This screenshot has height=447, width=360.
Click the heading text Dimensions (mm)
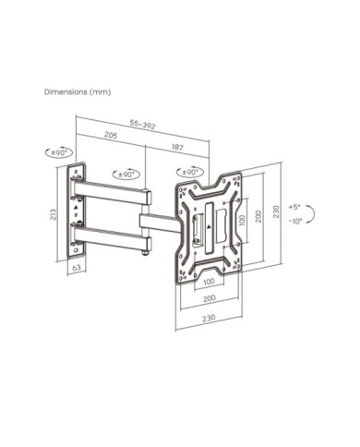pyautogui.click(x=78, y=91)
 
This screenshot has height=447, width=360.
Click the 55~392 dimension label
pyautogui.click(x=142, y=125)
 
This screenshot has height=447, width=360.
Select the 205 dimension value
pyautogui.click(x=111, y=135)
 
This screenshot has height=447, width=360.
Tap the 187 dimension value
pyautogui.click(x=177, y=148)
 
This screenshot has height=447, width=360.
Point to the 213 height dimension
pyautogui.click(x=54, y=214)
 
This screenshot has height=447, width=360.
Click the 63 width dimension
pyautogui.click(x=77, y=267)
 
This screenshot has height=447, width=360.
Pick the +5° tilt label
pyautogui.click(x=294, y=207)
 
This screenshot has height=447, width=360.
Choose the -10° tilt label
pyautogui.click(x=295, y=221)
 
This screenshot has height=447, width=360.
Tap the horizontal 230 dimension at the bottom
pyautogui.click(x=209, y=318)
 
